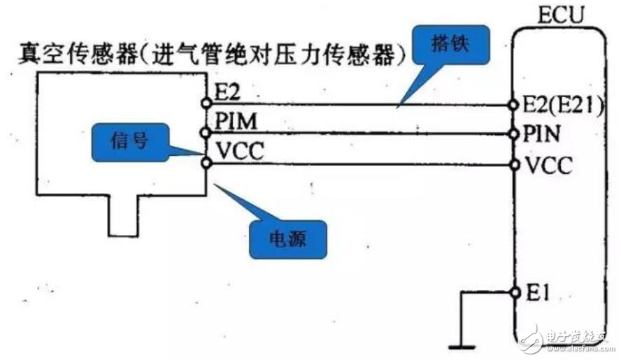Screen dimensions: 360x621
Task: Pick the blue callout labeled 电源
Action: click(289, 238)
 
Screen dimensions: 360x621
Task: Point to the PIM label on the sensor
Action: click(234, 122)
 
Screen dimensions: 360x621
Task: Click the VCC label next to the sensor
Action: click(238, 152)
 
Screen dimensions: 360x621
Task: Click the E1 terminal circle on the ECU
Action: click(515, 292)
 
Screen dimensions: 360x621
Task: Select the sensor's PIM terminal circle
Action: click(206, 132)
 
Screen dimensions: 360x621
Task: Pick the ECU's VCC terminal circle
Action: click(515, 165)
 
